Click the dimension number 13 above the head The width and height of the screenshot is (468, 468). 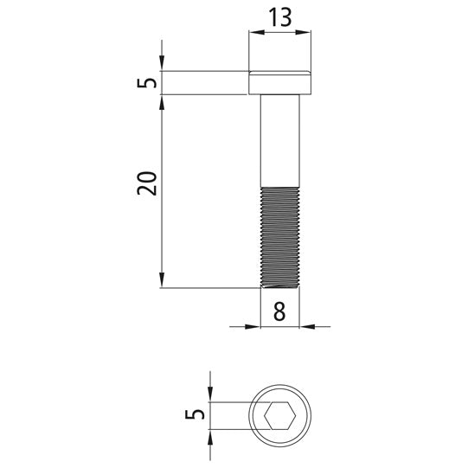point(280,17)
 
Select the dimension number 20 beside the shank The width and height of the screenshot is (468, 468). point(147,183)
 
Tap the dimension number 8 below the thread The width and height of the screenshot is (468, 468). point(279,311)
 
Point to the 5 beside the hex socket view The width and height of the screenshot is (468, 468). point(195,414)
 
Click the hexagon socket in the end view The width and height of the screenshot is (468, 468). point(280,415)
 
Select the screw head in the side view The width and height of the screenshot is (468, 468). point(280,83)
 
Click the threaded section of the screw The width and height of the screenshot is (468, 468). point(280,237)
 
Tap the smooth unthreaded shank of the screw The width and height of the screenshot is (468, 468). point(280,141)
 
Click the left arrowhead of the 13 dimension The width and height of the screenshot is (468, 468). point(257,32)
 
